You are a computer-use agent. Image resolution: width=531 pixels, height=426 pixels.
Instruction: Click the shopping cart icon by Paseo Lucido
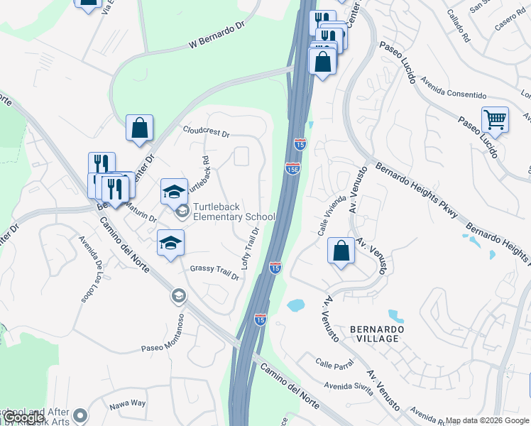click(495, 120)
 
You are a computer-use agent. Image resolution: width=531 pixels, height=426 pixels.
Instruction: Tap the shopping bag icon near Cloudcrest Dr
click(140, 128)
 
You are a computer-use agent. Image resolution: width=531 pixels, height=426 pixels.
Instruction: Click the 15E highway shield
click(292, 168)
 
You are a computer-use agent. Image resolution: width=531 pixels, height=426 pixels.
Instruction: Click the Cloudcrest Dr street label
click(207, 133)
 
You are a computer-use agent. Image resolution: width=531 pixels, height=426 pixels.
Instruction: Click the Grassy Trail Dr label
click(214, 270)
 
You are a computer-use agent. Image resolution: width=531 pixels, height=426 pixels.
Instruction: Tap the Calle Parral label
click(335, 363)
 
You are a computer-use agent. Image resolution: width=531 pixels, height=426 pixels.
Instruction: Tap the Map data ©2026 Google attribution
click(487, 420)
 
